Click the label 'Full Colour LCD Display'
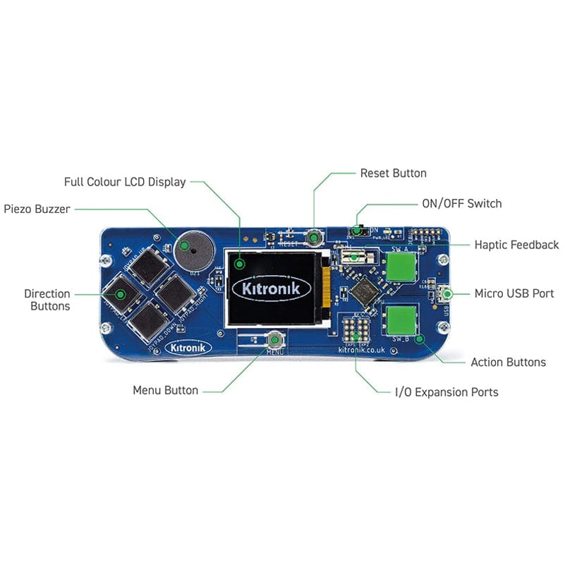click(x=125, y=182)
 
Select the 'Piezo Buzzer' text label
click(x=37, y=209)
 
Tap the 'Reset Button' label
click(x=393, y=173)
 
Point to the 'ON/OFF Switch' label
click(x=461, y=203)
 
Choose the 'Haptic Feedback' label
click(x=516, y=245)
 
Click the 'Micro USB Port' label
click(x=514, y=293)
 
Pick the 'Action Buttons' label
click(x=508, y=362)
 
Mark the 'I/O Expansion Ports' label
click(x=446, y=391)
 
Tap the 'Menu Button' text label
click(x=166, y=390)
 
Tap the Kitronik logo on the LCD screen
click(x=271, y=288)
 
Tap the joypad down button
click(x=147, y=320)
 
